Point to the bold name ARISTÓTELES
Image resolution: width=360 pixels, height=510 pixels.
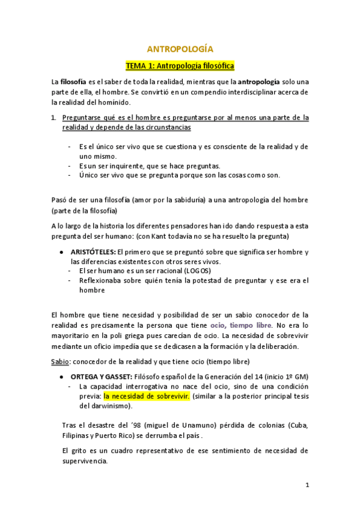pos(93,251)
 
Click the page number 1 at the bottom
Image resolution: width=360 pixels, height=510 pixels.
pos(307,484)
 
